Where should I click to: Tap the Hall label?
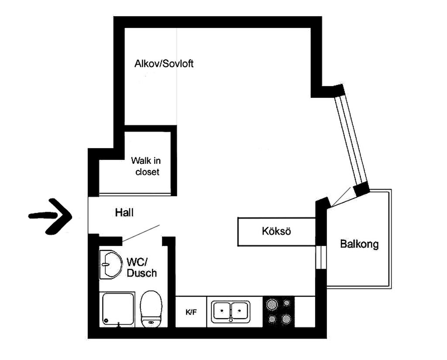124,212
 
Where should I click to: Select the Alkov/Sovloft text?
164,63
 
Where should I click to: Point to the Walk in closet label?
146,166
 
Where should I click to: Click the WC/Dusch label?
142,267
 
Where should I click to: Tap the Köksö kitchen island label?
276,231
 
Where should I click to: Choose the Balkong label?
360,245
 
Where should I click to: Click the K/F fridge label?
191,312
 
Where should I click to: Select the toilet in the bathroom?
151,309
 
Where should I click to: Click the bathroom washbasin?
110,264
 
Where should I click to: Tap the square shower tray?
118,309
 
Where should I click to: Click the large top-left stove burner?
271,304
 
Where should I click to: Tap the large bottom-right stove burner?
285,318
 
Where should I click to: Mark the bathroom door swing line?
141,233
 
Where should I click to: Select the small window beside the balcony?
321,257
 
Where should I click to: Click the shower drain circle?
107,321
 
